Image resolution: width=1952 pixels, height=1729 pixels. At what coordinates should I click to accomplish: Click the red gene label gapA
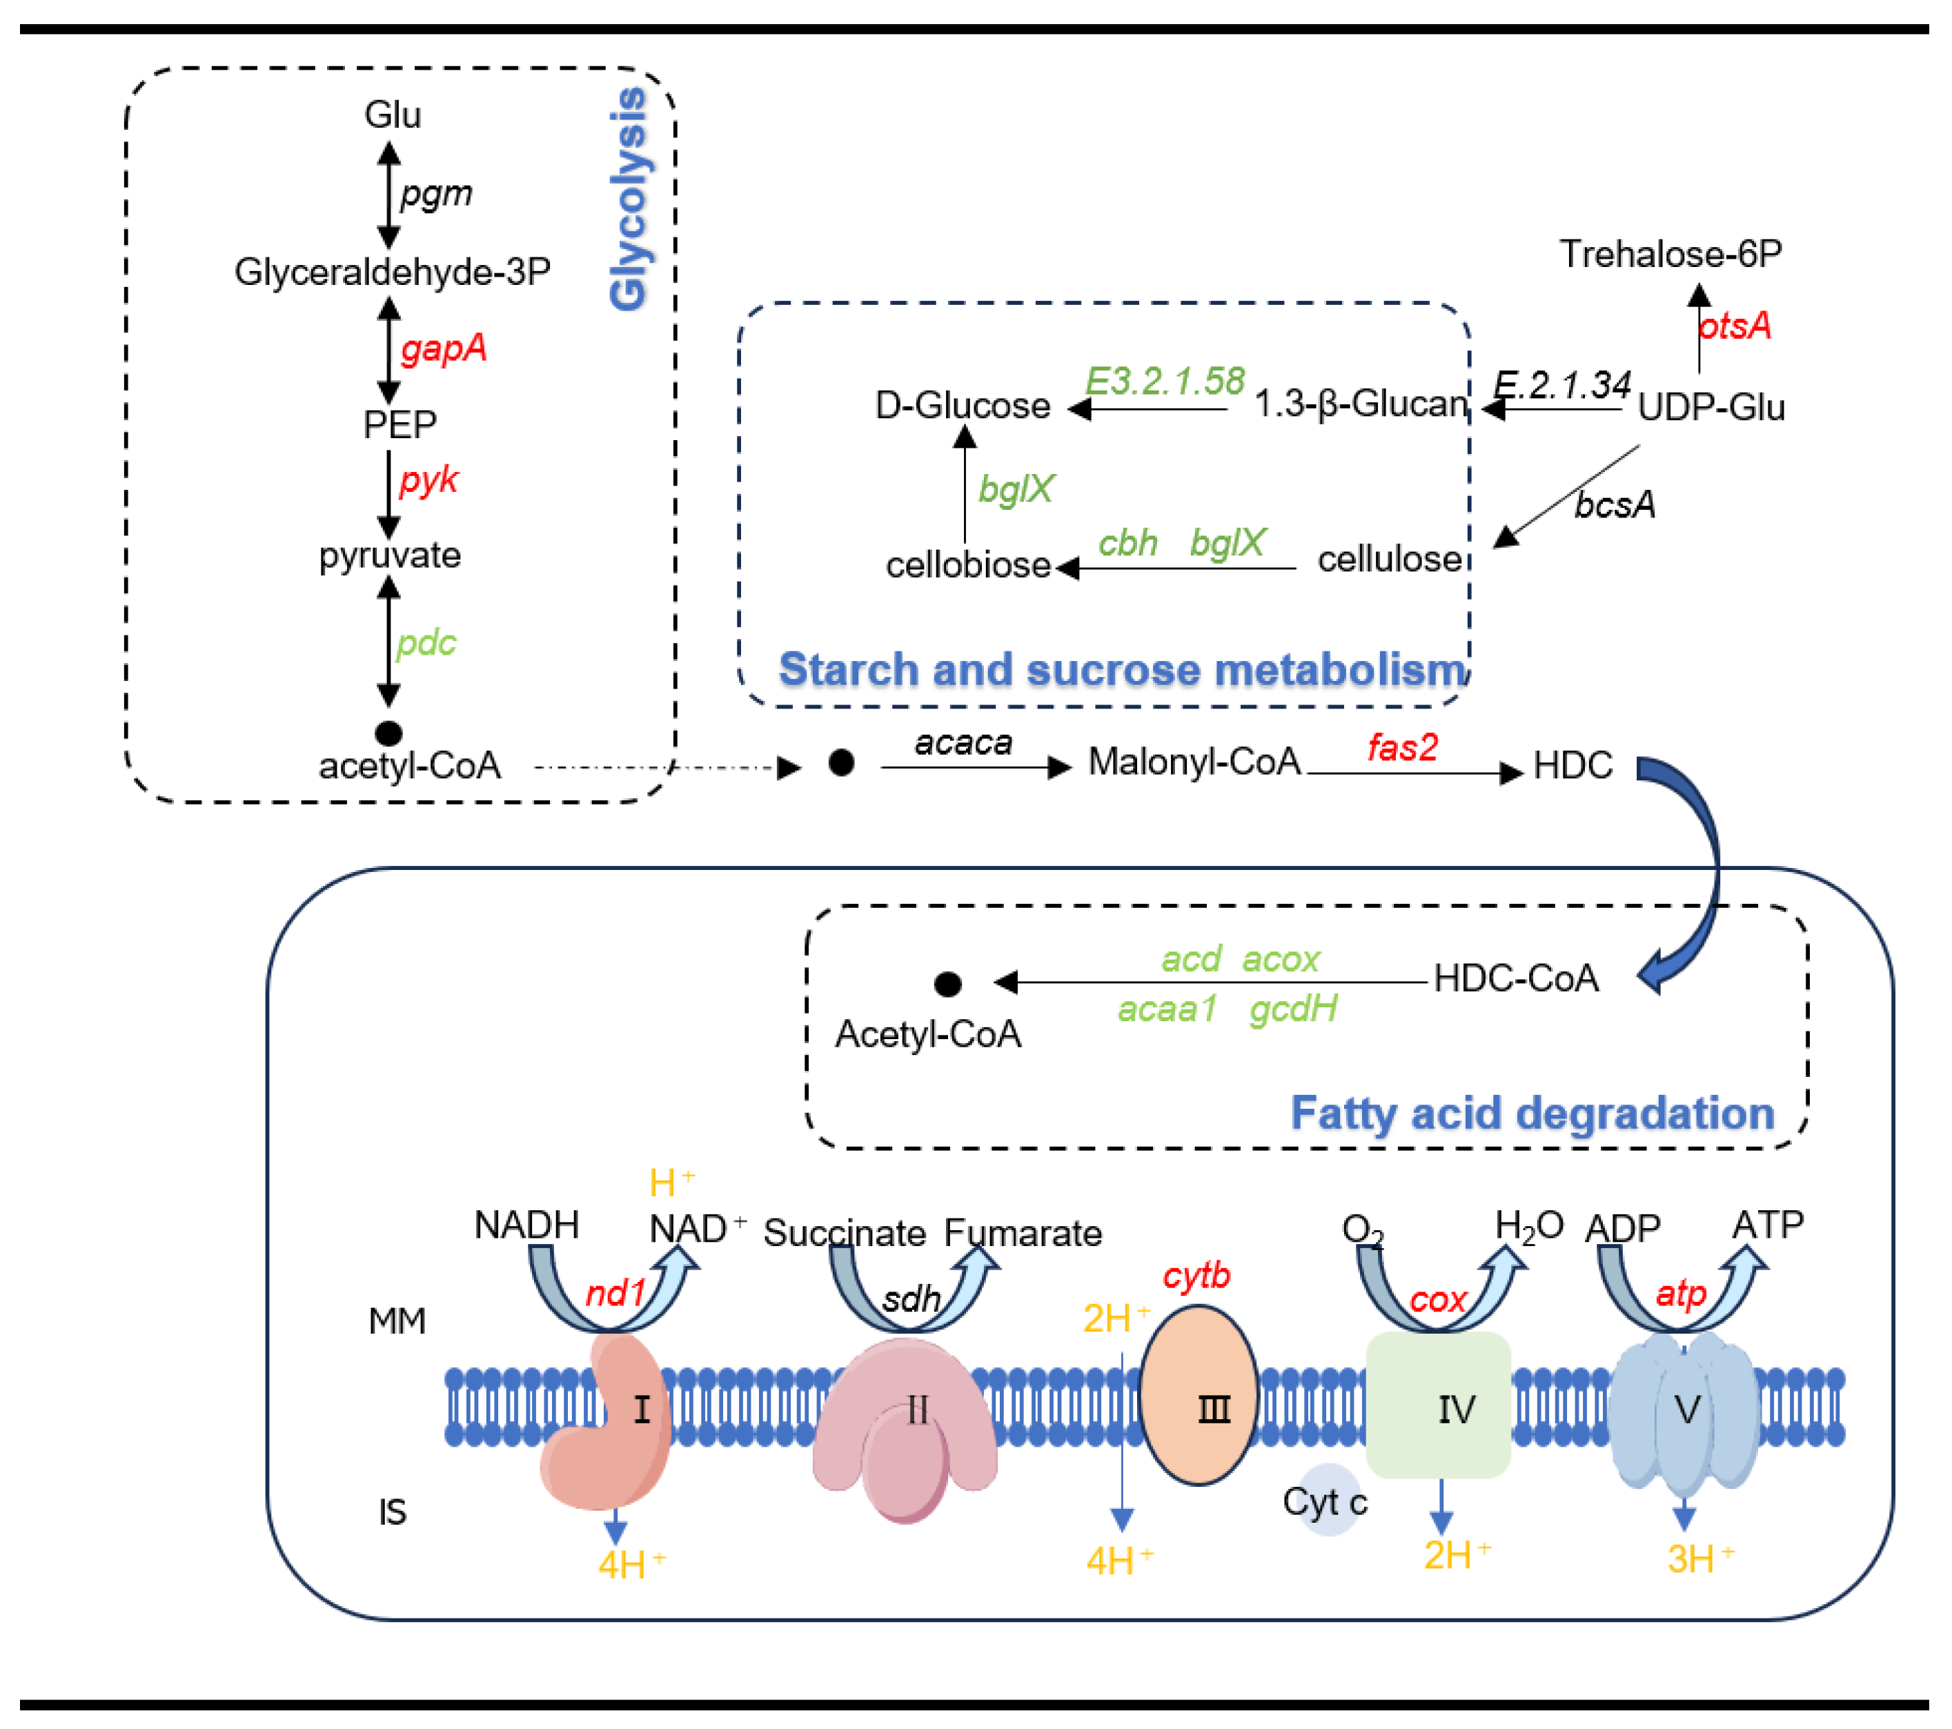pyautogui.click(x=443, y=348)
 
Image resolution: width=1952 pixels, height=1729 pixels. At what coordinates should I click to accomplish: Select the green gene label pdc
pyautogui.click(x=426, y=642)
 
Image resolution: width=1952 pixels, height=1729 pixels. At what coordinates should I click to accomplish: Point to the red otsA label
pyautogui.click(x=1734, y=326)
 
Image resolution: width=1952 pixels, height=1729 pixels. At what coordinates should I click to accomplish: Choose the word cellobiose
pyautogui.click(x=967, y=565)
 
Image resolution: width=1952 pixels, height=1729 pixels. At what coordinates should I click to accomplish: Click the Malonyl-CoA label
pyautogui.click(x=1194, y=762)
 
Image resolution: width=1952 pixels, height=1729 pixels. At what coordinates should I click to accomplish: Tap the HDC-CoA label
pyautogui.click(x=1515, y=978)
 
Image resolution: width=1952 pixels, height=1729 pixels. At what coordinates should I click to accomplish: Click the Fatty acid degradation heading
pyautogui.click(x=1532, y=1113)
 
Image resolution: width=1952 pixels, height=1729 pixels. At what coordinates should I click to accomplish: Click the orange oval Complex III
pyautogui.click(x=1198, y=1395)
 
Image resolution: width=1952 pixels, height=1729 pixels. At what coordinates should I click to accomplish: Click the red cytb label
pyautogui.click(x=1196, y=1276)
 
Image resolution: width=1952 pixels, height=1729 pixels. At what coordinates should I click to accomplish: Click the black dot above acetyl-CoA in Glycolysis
pyautogui.click(x=388, y=733)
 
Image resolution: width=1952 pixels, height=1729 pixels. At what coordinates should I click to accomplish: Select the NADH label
pyautogui.click(x=526, y=1225)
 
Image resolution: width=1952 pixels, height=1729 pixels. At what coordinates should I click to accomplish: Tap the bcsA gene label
pyautogui.click(x=1614, y=505)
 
